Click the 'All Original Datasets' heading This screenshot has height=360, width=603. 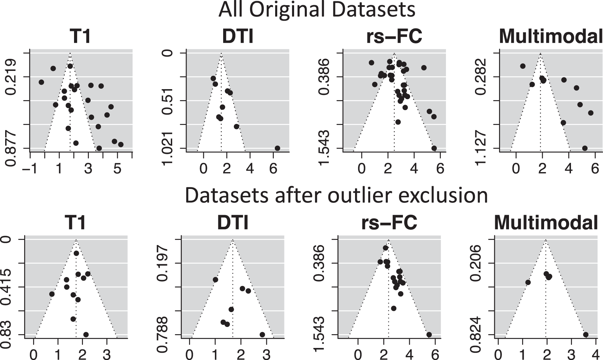point(317,10)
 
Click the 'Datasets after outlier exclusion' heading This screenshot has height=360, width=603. point(336,195)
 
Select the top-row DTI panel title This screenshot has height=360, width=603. point(238,36)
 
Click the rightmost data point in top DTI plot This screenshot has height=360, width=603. point(277,148)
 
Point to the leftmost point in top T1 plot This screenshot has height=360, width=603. point(41,82)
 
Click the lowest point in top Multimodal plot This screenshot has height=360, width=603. point(584,148)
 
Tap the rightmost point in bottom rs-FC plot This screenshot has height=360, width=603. point(429,335)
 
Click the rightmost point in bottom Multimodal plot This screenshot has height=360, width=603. point(585,335)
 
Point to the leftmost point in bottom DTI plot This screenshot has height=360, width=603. point(215,279)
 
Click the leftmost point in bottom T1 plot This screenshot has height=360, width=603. point(52,294)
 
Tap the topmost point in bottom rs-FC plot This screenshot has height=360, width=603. point(385,248)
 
